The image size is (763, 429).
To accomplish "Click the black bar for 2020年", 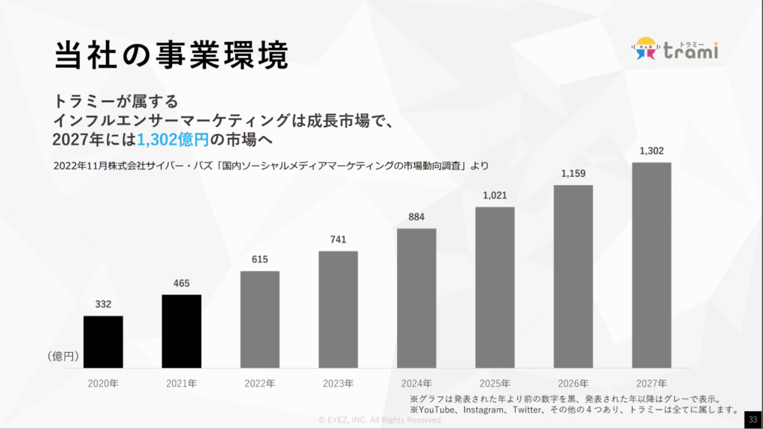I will pos(103,342).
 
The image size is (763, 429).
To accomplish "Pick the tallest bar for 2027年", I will pos(651,266).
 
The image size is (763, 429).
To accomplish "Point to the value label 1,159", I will pos(573,174).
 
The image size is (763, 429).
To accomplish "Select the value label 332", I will pos(103,304).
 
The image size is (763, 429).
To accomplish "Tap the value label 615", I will pos(259,260).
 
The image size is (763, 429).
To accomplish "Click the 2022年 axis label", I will pos(259,384).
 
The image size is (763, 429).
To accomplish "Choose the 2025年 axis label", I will pos(495,384).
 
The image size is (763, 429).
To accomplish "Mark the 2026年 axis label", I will pos(573,384).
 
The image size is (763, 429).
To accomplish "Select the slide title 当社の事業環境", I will pos(171,54).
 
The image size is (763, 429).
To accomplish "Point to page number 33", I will pos(752,419).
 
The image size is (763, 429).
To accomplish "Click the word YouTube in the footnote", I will pos(438,410).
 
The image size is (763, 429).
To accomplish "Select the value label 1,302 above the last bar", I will pos(651,151).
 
